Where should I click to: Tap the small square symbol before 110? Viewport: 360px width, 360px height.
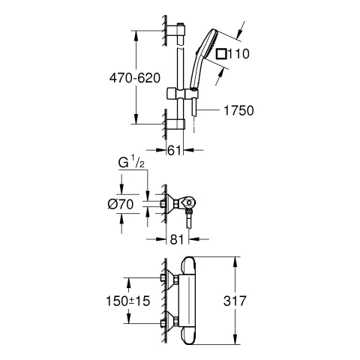pos(220,54)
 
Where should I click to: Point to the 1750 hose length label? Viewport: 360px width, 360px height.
pos(239,110)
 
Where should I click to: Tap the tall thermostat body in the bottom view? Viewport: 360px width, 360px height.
pos(190,300)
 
